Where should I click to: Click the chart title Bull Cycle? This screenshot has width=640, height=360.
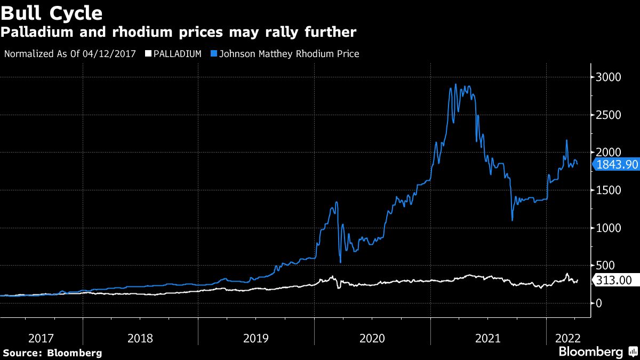(x=52, y=12)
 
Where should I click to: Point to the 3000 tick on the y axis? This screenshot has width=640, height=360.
(x=609, y=77)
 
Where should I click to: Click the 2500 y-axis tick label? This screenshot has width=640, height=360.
(x=609, y=115)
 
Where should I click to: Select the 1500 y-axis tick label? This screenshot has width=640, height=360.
(x=609, y=190)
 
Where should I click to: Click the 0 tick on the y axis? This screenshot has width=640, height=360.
(x=599, y=303)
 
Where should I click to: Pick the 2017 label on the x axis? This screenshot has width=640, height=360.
(x=41, y=338)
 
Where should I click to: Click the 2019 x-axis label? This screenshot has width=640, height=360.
(x=255, y=338)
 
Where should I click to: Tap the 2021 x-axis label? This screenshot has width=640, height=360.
(x=488, y=338)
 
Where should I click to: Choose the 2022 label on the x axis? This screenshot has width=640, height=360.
(x=568, y=338)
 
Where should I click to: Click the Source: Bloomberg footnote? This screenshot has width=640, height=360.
(x=52, y=353)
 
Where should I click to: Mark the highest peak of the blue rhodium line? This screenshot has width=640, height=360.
(x=455, y=84)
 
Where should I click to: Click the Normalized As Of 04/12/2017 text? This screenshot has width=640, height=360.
(x=70, y=54)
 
